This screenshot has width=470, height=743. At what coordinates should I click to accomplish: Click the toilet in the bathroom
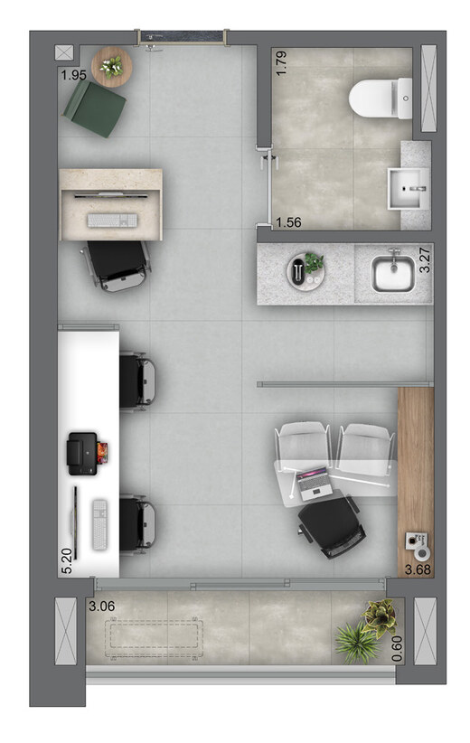point(380,97)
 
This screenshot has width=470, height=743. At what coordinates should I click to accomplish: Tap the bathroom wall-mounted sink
point(410,187)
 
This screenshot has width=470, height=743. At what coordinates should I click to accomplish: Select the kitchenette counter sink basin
point(393,273)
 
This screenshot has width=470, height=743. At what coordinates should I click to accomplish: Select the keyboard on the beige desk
point(112,220)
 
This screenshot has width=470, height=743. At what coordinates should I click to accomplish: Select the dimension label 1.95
point(73,75)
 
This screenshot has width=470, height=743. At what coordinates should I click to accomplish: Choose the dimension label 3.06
point(102,607)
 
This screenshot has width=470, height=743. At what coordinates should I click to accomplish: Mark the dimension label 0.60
point(397,650)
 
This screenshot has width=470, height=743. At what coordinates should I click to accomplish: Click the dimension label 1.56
point(288,221)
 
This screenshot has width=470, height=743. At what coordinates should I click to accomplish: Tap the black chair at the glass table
point(333,527)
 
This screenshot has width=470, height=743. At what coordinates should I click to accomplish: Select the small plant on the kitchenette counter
point(313,263)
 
